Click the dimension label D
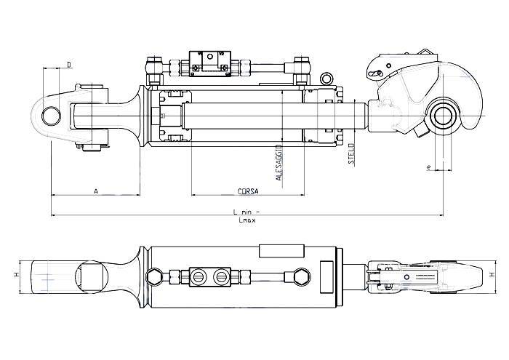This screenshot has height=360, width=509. click(69, 65)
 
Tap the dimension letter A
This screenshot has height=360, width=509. click(95, 191)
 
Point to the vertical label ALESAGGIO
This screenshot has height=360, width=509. click(279, 161)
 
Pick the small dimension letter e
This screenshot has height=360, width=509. click(430, 168)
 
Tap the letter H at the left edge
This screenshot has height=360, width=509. click(15, 276)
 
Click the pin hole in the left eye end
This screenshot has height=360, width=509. click(51, 116)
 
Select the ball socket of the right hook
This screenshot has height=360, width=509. click(444, 115)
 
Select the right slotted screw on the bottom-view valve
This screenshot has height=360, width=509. click(220, 276)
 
